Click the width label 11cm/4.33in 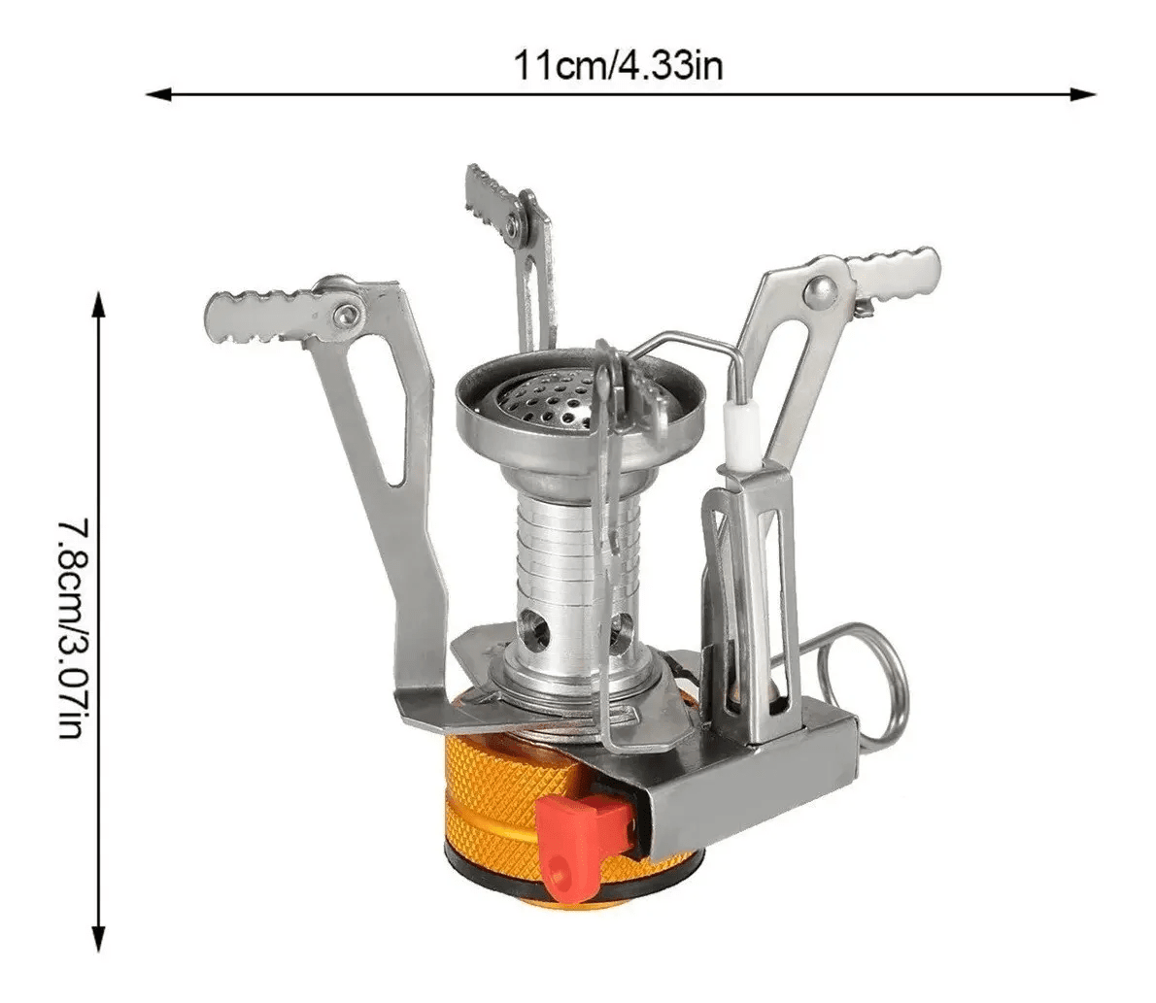tap(618, 67)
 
